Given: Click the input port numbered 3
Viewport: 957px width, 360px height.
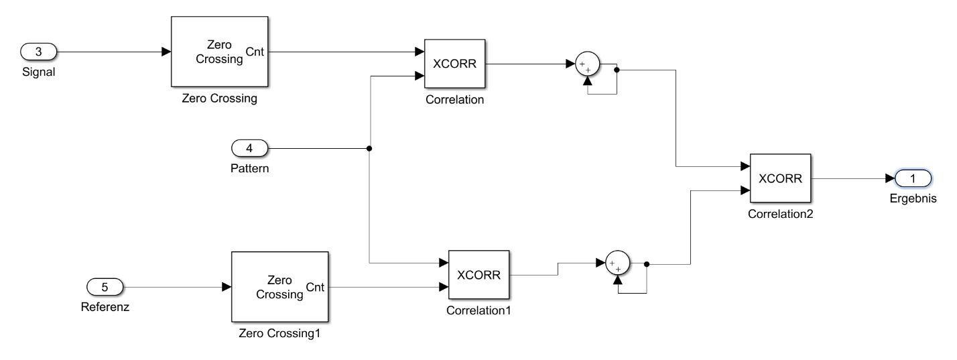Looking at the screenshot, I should click(39, 51).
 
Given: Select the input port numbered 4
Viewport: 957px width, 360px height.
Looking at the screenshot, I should click(249, 148).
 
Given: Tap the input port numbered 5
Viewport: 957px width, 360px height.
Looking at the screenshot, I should click(105, 287).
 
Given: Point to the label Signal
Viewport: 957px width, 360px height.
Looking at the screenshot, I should click(38, 72).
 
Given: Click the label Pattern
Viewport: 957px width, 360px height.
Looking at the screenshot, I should click(249, 168).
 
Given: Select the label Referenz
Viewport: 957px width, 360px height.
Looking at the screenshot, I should click(105, 308).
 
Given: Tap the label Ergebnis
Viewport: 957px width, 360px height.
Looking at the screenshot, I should click(912, 198).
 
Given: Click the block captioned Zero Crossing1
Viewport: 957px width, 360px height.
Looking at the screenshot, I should click(279, 286).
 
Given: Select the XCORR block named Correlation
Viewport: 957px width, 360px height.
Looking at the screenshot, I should click(454, 64).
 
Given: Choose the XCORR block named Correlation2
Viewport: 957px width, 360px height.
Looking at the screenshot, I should click(780, 178).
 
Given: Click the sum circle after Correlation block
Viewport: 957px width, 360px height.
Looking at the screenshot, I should click(587, 66).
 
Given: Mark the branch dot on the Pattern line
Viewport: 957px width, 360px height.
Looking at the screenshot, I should click(369, 148).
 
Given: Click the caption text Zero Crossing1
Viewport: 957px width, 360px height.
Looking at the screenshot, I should click(279, 333).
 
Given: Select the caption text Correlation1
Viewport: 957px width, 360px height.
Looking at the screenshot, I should click(478, 310).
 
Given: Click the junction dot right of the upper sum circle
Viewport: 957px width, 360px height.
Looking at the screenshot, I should click(616, 68).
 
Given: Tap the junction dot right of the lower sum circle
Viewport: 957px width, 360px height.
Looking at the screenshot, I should click(646, 264).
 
